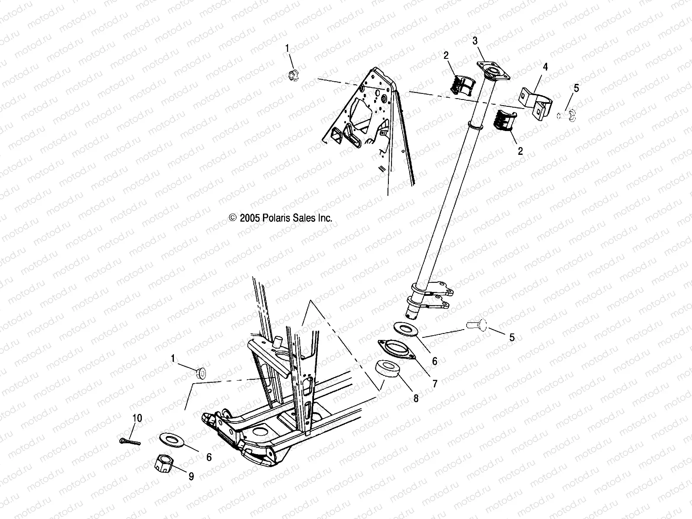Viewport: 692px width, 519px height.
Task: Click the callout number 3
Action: click(x=475, y=41)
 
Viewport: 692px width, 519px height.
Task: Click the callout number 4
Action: click(x=545, y=67)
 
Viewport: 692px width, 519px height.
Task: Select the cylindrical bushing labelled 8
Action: click(x=386, y=371)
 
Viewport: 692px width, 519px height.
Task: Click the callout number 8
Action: click(x=416, y=398)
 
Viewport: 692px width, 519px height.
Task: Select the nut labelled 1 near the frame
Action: click(x=201, y=372)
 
